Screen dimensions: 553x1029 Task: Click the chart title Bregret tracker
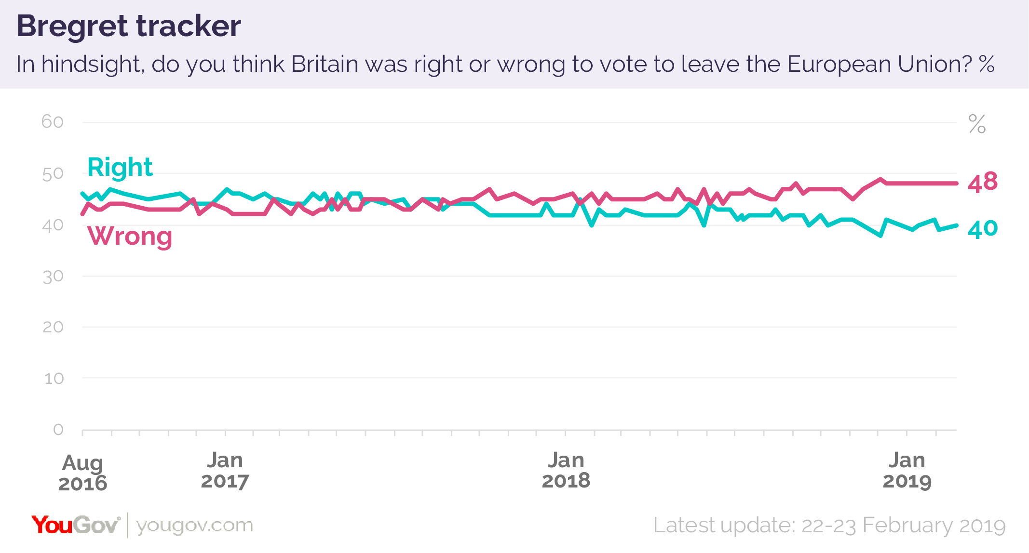pyautogui.click(x=129, y=26)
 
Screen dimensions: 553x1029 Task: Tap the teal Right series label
pyautogui.click(x=120, y=167)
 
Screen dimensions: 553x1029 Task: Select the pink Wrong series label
pyautogui.click(x=130, y=236)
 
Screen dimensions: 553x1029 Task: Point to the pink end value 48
pyautogui.click(x=983, y=183)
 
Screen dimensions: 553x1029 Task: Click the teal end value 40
pyautogui.click(x=983, y=229)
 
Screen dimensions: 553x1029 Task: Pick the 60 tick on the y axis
pyautogui.click(x=53, y=122)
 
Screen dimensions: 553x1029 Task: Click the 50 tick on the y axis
pyautogui.click(x=53, y=174)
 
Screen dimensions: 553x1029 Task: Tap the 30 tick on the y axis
pyautogui.click(x=53, y=276)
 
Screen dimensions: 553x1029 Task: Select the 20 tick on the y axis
pyautogui.click(x=53, y=328)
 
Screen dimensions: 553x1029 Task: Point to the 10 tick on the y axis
pyautogui.click(x=54, y=379)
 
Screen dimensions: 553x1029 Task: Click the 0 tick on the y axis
pyautogui.click(x=58, y=429)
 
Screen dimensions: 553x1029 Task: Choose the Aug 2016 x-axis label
pyautogui.click(x=82, y=473)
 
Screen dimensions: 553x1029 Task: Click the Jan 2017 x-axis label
pyautogui.click(x=225, y=471)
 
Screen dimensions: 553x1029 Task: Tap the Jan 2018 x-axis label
pyautogui.click(x=566, y=471)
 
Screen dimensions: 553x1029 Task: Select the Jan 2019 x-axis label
pyautogui.click(x=907, y=471)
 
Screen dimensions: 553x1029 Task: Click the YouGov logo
pyautogui.click(x=76, y=525)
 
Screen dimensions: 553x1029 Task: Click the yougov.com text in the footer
pyautogui.click(x=194, y=525)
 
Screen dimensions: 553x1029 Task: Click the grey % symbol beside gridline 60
pyautogui.click(x=977, y=124)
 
